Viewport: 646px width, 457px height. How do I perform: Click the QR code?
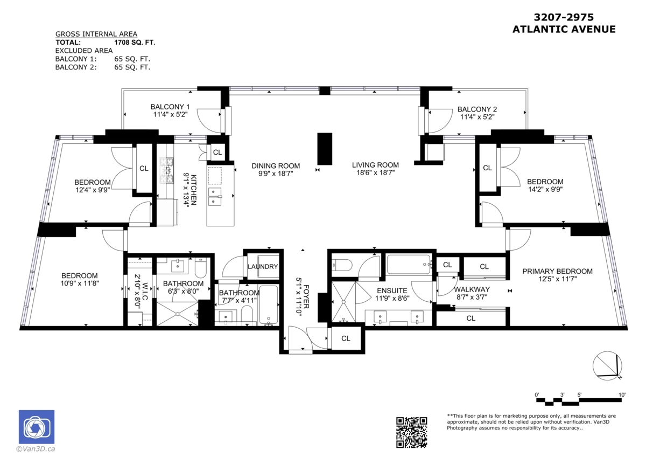pyautogui.click(x=412, y=432)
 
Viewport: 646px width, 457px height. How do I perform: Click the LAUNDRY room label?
pyautogui.click(x=263, y=267)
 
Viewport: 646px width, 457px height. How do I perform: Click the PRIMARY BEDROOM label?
pyautogui.click(x=557, y=271)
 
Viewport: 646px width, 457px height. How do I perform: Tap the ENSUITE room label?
pyautogui.click(x=392, y=290)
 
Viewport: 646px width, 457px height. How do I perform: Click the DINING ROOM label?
pyautogui.click(x=276, y=166)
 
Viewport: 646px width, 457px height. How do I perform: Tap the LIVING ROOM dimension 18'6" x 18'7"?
pyautogui.click(x=375, y=174)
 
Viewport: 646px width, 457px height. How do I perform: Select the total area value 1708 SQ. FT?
pyautogui.click(x=135, y=42)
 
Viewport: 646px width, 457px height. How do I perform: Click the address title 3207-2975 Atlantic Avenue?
pyautogui.click(x=564, y=24)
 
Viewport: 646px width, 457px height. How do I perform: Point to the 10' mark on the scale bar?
pyautogui.click(x=622, y=394)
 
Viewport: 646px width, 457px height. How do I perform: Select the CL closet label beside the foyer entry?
pyautogui.click(x=346, y=338)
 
